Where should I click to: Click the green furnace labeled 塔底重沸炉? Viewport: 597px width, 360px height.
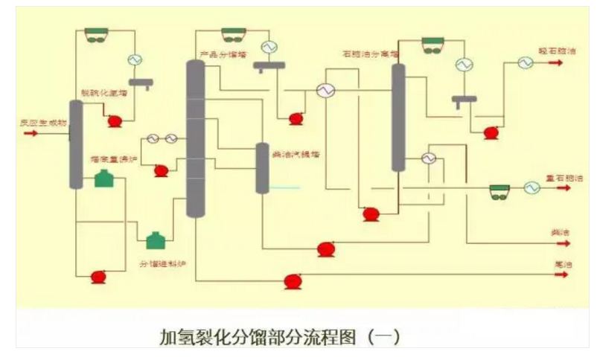coord(103,179)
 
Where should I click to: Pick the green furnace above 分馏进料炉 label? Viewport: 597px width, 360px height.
coord(154,240)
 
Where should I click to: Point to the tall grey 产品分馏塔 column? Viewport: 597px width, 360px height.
coord(195,138)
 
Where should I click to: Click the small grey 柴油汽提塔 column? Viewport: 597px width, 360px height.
coord(262,168)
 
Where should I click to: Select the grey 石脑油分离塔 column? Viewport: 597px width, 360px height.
coord(399,117)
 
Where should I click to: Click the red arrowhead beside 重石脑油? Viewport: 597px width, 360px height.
coord(557,188)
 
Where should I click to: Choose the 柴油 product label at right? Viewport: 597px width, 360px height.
coord(560,234)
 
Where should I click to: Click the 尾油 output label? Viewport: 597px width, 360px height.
coord(561,263)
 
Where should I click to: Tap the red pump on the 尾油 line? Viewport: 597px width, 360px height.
coord(293,281)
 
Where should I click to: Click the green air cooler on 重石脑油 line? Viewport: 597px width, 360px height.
coord(499,191)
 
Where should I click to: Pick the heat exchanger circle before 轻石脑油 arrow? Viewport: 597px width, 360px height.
coord(526,64)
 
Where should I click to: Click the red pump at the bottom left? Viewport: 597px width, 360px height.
coord(98,277)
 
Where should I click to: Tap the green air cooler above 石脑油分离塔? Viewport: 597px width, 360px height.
coord(432,45)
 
